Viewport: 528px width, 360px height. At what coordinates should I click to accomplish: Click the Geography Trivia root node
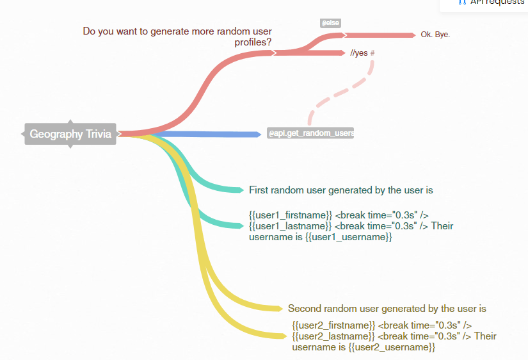click(70, 134)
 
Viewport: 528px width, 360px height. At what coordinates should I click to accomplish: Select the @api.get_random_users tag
click(311, 133)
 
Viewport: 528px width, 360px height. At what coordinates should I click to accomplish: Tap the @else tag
click(330, 23)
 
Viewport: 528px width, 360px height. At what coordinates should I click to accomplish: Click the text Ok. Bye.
click(435, 35)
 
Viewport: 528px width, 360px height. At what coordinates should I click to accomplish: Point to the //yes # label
click(362, 53)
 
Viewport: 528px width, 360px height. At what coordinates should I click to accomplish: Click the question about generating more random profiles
click(177, 37)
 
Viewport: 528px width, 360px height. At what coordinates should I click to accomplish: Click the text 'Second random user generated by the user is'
click(387, 308)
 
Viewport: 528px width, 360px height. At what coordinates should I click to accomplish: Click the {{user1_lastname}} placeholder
click(290, 226)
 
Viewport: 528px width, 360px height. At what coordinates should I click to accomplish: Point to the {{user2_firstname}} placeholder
click(333, 325)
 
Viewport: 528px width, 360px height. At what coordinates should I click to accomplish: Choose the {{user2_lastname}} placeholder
click(333, 336)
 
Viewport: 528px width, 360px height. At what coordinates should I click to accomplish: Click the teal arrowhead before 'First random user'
click(239, 190)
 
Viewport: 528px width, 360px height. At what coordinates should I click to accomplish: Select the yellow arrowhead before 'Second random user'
click(278, 309)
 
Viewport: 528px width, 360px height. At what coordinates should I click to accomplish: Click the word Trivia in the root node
click(99, 134)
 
